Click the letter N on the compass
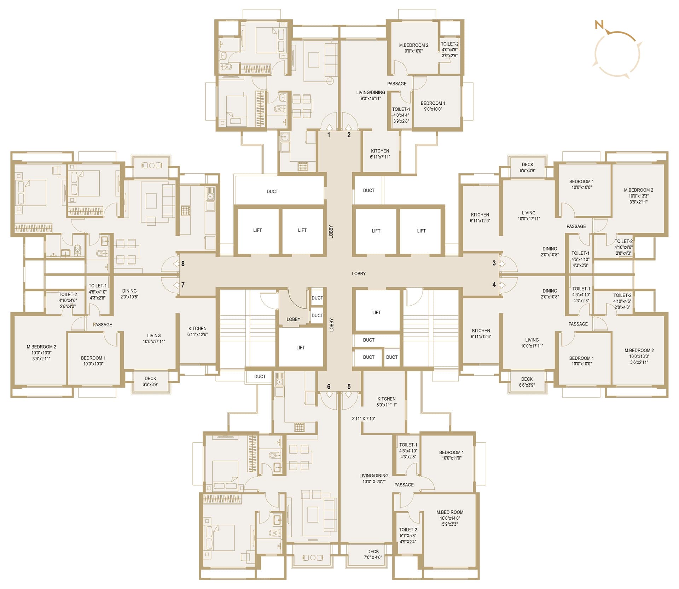599,25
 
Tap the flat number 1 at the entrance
329,135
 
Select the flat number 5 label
349,387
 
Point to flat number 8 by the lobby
183,264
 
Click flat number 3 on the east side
494,263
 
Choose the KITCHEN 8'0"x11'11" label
387,402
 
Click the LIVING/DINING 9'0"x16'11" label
371,96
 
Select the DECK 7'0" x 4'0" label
373,554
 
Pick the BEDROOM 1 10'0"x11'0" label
451,455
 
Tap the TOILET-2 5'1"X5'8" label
408,536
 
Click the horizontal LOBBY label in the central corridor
359,274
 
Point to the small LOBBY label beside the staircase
293,319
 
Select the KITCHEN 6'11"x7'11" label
380,154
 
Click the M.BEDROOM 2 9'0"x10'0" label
414,48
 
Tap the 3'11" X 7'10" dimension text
364,419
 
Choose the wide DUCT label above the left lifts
272,192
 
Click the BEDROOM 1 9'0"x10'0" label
433,106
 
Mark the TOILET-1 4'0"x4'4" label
401,115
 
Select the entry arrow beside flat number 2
349,128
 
